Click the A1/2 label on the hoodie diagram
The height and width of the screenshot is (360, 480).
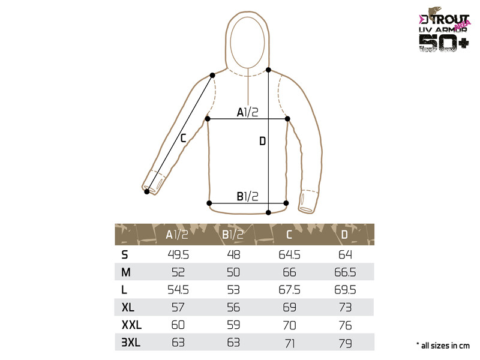[x=247, y=112]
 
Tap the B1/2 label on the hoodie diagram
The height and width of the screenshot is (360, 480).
[x=247, y=196]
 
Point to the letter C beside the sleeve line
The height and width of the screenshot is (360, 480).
[x=183, y=138]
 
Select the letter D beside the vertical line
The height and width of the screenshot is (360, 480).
[x=262, y=141]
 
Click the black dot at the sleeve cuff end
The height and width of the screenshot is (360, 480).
[x=147, y=191]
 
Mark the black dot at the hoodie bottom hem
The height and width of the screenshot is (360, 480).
[x=268, y=212]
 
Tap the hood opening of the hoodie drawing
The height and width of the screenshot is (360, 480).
[x=247, y=41]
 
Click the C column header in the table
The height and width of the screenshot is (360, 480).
[x=289, y=235]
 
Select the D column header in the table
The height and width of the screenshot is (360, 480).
[x=344, y=235]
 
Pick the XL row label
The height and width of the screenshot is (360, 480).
[x=128, y=307]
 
